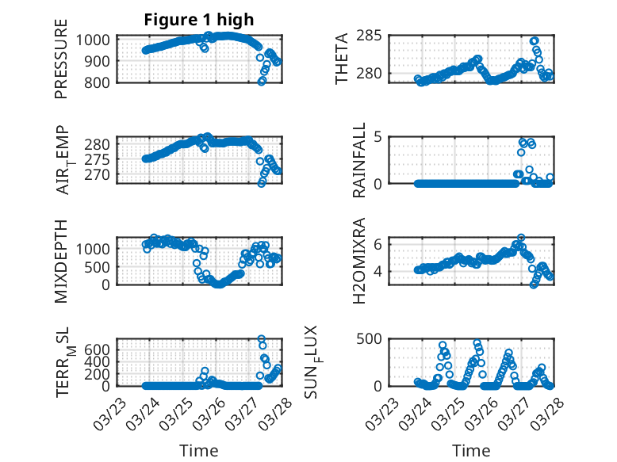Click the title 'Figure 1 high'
tap(199, 20)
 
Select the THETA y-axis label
tap(342, 59)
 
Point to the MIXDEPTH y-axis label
tap(61, 261)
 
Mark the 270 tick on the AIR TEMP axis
tap(102, 174)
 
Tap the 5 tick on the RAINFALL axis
tap(381, 136)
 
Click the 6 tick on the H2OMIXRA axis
tap(381, 243)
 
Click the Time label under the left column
tap(199, 451)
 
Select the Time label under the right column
tap(471, 451)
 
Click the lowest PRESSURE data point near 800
tap(262, 82)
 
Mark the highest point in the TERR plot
tap(262, 339)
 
